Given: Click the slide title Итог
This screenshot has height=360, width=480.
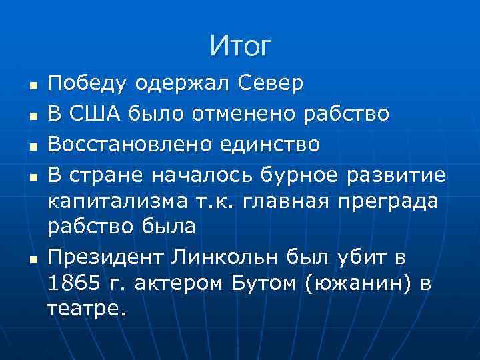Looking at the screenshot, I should point(240,46).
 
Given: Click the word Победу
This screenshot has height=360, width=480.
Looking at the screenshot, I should point(87,84).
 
